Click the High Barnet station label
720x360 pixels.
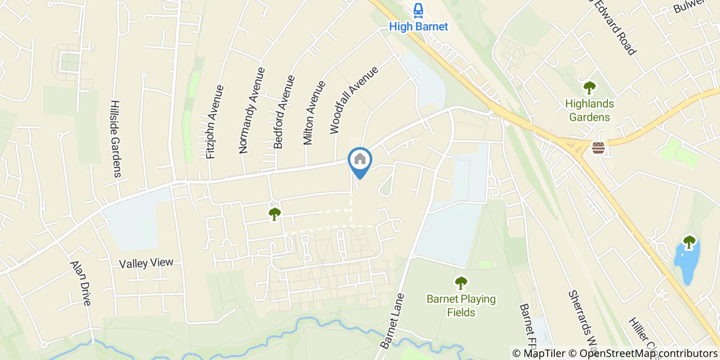coord(418,26)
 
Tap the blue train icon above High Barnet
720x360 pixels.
coord(418,10)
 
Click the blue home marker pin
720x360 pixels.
coord(360,160)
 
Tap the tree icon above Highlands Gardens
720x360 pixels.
coord(589,87)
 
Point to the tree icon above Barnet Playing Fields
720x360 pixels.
coord(461,282)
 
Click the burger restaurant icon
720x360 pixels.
coord(598,148)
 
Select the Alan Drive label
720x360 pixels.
coord(81,283)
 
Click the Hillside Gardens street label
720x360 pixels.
coord(116,138)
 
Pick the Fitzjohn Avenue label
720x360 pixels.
coord(215,121)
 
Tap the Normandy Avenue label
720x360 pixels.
coord(251,110)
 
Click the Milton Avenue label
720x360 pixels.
coord(315,112)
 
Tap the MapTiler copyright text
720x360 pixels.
coord(541,353)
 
